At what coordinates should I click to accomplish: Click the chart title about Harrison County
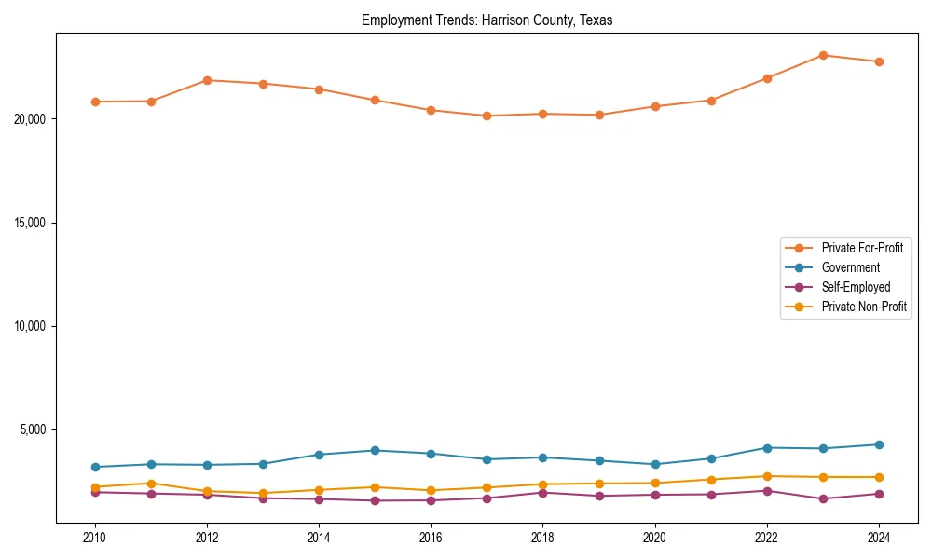pyautogui.click(x=487, y=20)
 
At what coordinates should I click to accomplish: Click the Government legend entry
pyautogui.click(x=850, y=267)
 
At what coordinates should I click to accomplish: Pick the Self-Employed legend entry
pyautogui.click(x=856, y=287)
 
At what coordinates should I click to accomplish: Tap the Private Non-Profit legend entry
pyautogui.click(x=864, y=307)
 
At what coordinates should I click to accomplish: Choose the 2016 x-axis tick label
pyautogui.click(x=431, y=537)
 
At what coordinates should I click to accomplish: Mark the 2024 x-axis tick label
pyautogui.click(x=879, y=537)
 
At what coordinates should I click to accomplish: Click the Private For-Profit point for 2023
pyautogui.click(x=823, y=55)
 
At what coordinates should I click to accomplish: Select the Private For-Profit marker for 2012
pyautogui.click(x=207, y=80)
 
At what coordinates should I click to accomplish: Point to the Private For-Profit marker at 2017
pyautogui.click(x=487, y=116)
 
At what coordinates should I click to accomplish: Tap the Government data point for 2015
pyautogui.click(x=375, y=450)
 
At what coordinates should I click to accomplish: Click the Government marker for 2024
pyautogui.click(x=879, y=444)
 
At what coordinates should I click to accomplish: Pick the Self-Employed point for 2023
pyautogui.click(x=823, y=498)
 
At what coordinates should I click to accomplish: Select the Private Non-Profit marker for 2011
pyautogui.click(x=151, y=484)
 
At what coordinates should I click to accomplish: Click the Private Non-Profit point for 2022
pyautogui.click(x=767, y=476)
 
